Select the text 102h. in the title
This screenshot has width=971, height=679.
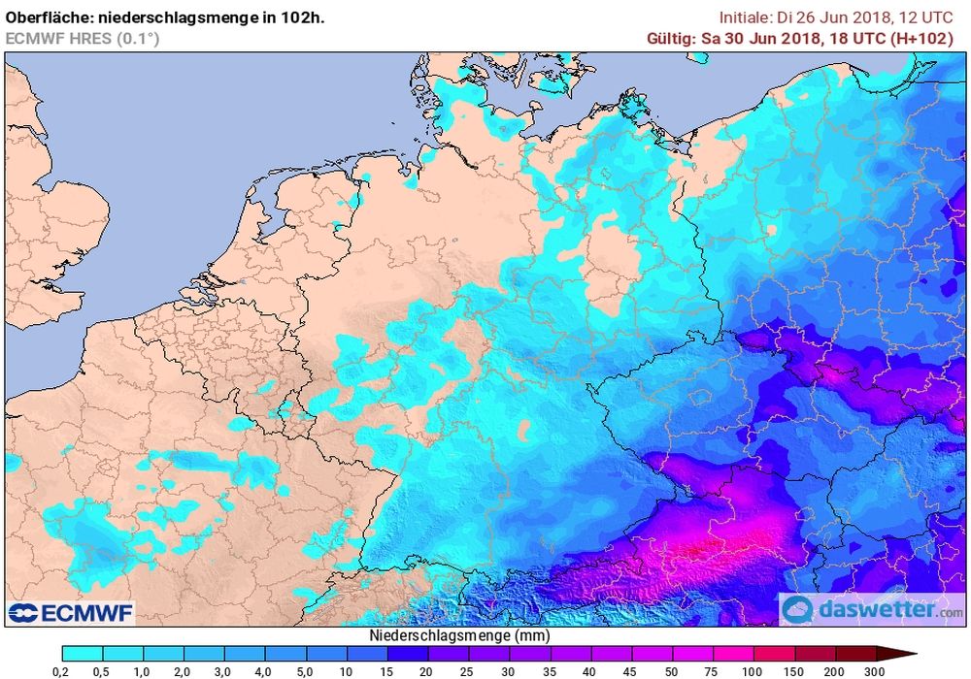303,16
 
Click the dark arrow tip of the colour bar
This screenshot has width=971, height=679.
903,654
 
